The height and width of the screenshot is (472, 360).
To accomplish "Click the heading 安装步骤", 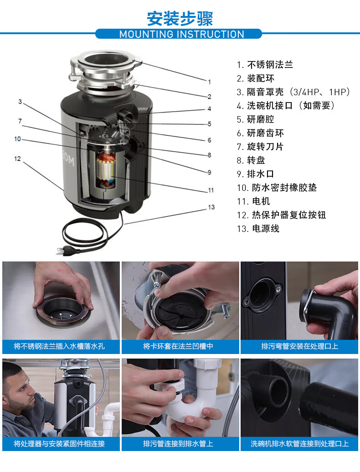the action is [180, 18].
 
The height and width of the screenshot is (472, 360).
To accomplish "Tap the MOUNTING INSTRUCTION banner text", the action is [181, 34].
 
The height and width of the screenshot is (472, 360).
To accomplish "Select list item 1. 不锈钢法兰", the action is [265, 65].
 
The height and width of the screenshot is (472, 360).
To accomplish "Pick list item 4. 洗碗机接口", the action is [285, 106].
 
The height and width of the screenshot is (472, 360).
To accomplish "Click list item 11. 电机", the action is [253, 201].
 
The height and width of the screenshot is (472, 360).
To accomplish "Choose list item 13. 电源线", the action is [258, 228].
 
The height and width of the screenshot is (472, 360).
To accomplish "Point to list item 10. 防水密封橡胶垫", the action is [277, 188].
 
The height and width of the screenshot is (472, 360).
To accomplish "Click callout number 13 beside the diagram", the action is [211, 207].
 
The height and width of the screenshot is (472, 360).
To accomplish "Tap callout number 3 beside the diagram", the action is [20, 102].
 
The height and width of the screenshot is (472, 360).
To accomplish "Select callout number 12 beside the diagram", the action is [17, 159].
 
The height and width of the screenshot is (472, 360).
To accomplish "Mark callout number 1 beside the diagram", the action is [210, 82].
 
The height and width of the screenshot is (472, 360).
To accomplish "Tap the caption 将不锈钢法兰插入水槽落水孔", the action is [59, 346].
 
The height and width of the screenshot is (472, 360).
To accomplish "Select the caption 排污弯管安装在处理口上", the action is [300, 346].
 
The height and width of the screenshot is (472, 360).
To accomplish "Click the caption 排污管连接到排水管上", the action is [178, 443].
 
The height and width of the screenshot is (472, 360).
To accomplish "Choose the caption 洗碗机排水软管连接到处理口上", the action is [300, 443].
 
